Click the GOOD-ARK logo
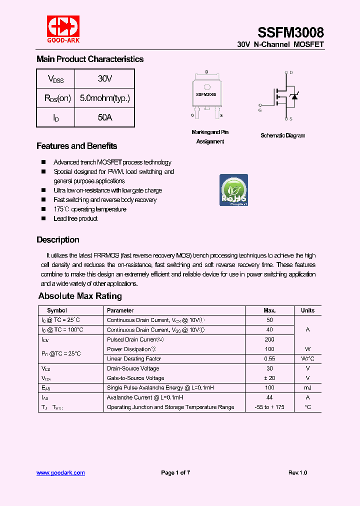click(63, 29)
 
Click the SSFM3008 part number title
click(290, 33)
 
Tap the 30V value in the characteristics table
click(104, 78)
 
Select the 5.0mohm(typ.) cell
click(104, 98)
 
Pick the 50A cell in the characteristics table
click(104, 117)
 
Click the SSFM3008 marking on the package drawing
click(206, 94)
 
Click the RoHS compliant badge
click(234, 190)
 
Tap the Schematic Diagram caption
click(282, 135)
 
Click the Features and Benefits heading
click(76, 146)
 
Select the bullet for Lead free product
click(43, 218)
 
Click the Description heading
click(57, 239)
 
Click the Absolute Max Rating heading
click(80, 296)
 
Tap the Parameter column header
click(120, 310)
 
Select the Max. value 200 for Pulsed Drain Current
click(269, 339)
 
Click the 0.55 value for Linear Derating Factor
click(269, 359)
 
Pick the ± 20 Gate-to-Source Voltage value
click(269, 378)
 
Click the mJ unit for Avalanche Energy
click(307, 387)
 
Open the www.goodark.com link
click(60, 472)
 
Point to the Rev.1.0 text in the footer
click(297, 472)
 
